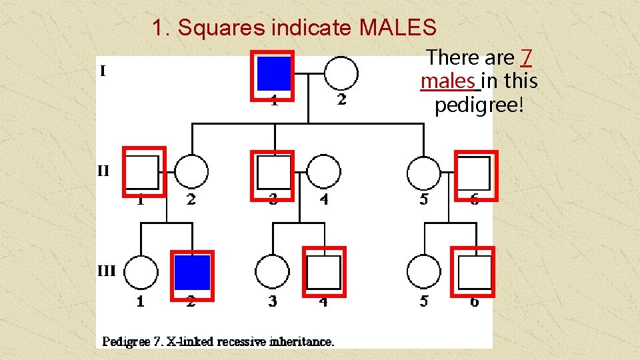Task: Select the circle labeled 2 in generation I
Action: click(x=341, y=72)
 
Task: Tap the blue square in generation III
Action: click(x=192, y=272)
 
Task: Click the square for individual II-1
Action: click(x=143, y=172)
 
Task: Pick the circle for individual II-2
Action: click(x=191, y=172)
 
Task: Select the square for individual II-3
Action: click(x=273, y=172)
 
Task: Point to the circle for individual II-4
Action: click(x=324, y=172)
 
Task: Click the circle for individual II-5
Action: click(x=424, y=172)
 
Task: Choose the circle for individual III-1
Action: click(x=141, y=273)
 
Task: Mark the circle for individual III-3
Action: click(x=272, y=273)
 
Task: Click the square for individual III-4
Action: click(x=324, y=272)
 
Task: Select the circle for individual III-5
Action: click(x=424, y=273)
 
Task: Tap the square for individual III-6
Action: click(x=474, y=272)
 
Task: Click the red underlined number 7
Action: click(x=526, y=58)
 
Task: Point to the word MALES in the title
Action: click(x=397, y=28)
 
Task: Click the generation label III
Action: click(x=107, y=271)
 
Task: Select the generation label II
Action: click(x=103, y=171)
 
